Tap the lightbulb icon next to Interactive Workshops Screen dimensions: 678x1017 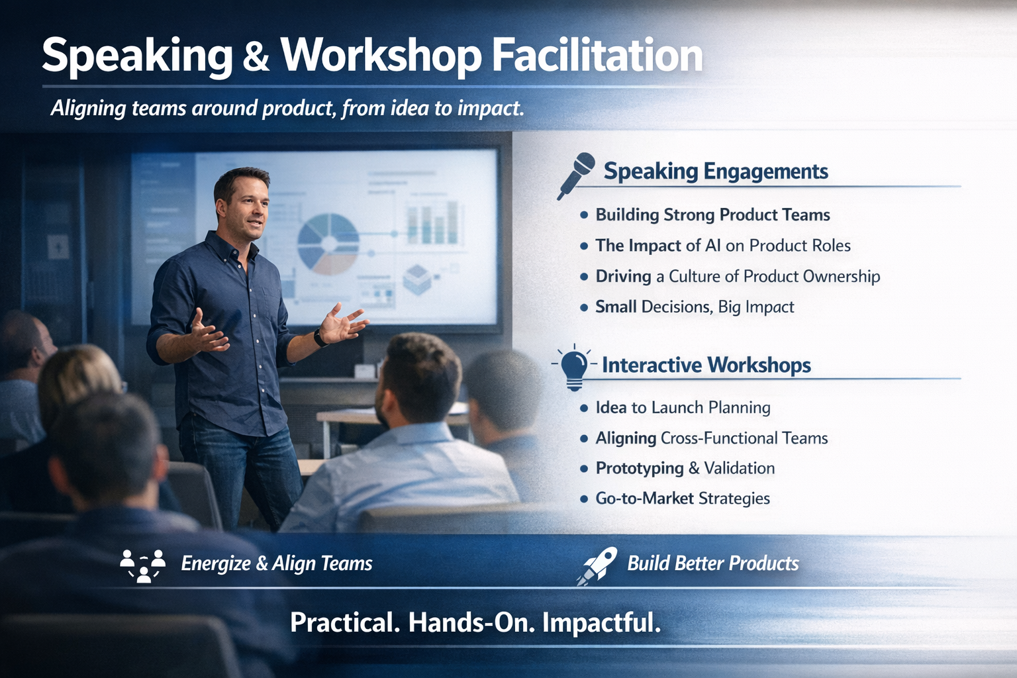[573, 366]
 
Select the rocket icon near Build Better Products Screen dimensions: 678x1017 [598, 565]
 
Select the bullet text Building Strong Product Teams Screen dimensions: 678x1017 [712, 215]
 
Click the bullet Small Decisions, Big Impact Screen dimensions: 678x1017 [695, 307]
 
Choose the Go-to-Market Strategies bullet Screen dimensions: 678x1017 [682, 498]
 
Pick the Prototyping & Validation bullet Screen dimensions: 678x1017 [685, 468]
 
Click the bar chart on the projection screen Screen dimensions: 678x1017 [432, 222]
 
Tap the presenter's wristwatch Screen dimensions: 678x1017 [320, 338]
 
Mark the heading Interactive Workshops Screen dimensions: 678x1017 [706, 365]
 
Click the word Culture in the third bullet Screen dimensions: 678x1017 [697, 276]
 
